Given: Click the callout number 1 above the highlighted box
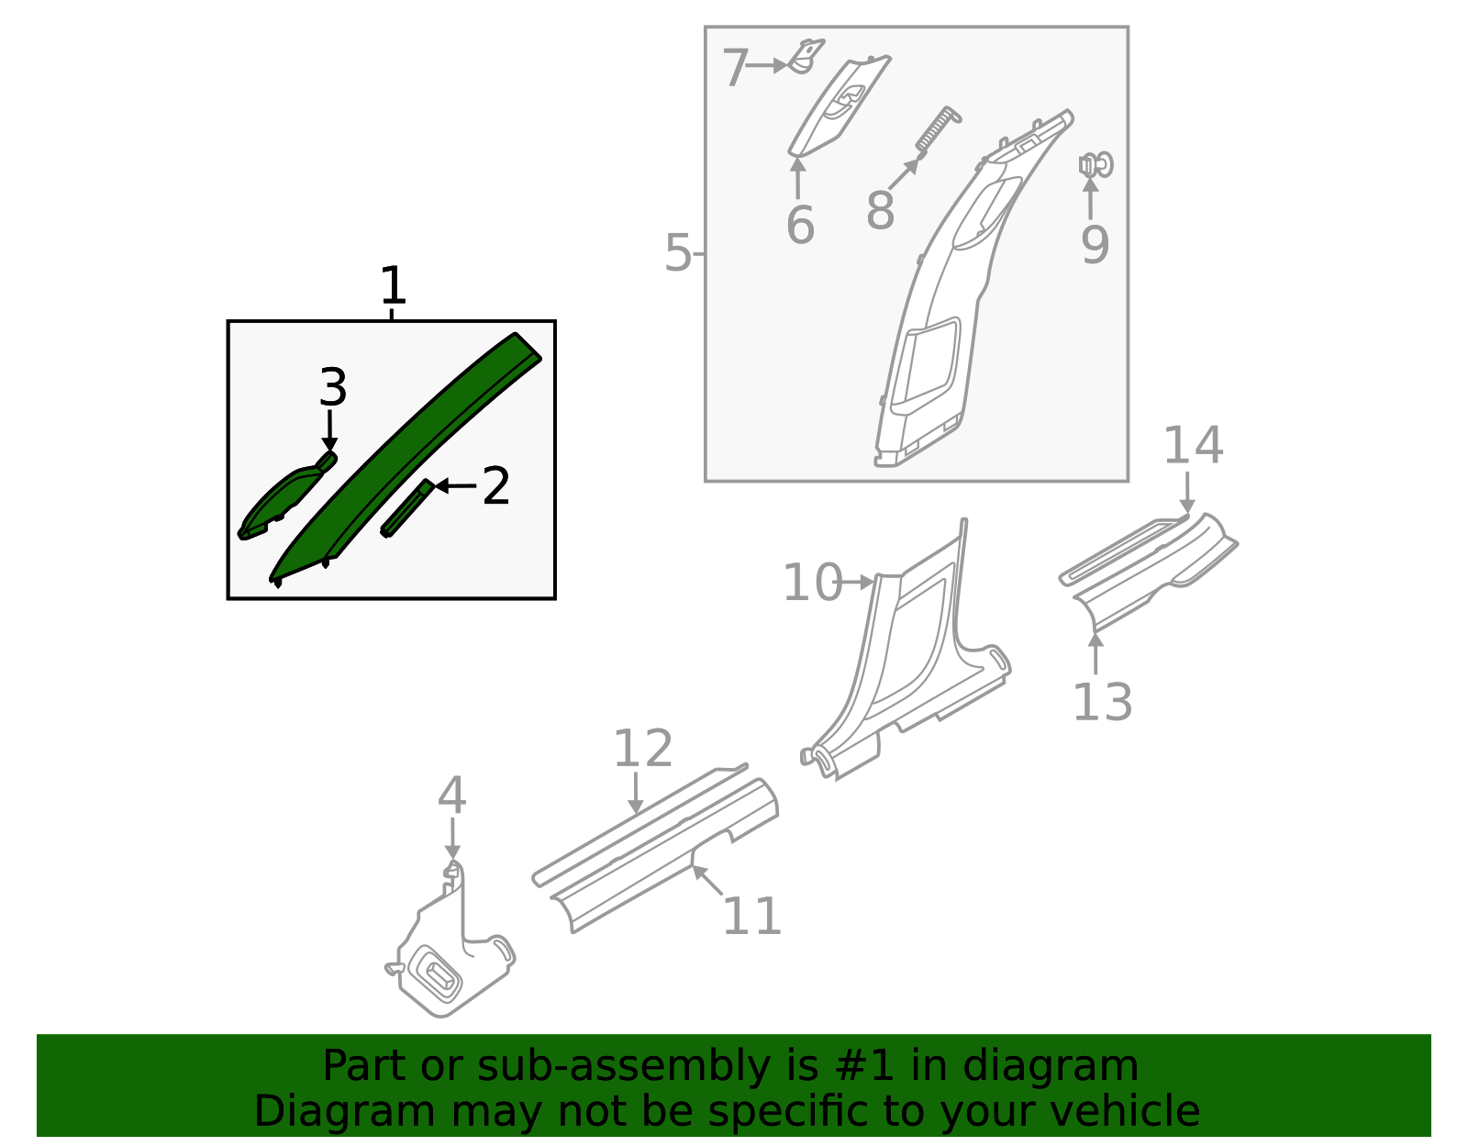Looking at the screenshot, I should [393, 286].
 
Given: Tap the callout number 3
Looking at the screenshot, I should [332, 388].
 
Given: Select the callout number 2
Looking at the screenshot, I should [495, 486].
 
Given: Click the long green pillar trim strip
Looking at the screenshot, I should [404, 459].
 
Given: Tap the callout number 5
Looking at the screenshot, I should [677, 253].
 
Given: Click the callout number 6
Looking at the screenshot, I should [800, 226].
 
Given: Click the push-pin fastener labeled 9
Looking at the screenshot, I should [1096, 166].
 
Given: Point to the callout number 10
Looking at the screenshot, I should [812, 584].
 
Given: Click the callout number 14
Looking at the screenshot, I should [1193, 446].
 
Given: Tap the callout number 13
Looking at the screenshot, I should [1102, 703].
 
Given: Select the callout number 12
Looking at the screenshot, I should [642, 749].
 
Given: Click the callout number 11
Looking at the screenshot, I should [752, 916].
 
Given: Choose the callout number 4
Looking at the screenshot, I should [451, 796].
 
